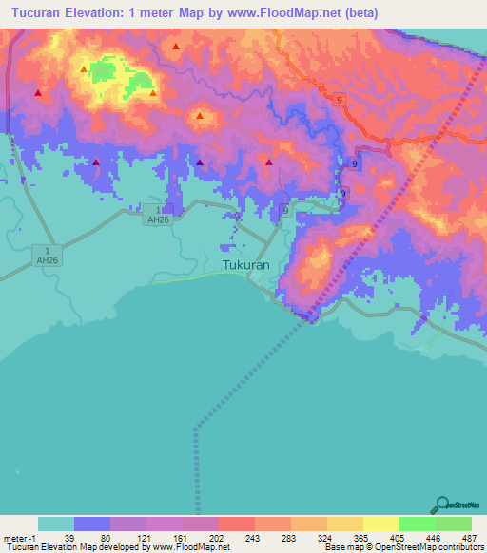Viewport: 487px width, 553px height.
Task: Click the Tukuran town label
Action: click(245, 266)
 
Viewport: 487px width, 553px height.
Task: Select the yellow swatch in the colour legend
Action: click(380, 524)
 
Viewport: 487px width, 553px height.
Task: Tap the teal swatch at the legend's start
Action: click(55, 524)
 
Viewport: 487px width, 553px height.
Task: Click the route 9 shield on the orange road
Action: click(339, 99)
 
